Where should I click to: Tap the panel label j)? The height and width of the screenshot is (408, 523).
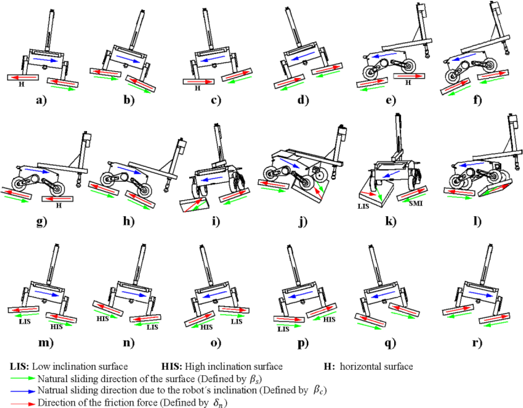303,221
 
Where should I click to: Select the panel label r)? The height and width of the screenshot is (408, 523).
477,343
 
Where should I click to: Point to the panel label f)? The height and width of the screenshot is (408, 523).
477,100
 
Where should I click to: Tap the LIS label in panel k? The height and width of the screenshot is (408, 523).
363,206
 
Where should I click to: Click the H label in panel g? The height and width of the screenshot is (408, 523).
59,205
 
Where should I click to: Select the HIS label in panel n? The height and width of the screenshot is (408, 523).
103,318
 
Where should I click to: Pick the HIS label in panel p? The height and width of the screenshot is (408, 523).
329,319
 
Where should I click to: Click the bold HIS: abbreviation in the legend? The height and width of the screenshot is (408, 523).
172,367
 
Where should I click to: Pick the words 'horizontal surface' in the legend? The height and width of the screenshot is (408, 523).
376,367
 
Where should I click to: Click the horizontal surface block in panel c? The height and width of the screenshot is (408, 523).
199,82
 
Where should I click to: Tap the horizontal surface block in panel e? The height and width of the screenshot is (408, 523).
409,76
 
